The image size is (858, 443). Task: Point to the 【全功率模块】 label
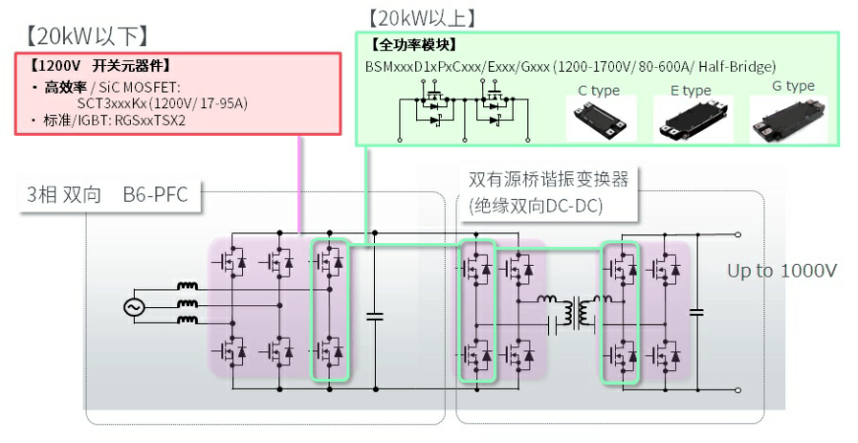(412, 44)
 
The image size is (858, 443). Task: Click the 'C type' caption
(598, 91)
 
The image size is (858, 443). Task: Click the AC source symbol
(133, 307)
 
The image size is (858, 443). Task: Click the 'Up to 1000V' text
(781, 271)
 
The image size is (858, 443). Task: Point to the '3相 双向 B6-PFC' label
(106, 195)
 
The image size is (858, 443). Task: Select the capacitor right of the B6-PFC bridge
(374, 317)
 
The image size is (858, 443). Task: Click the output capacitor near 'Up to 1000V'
(697, 312)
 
